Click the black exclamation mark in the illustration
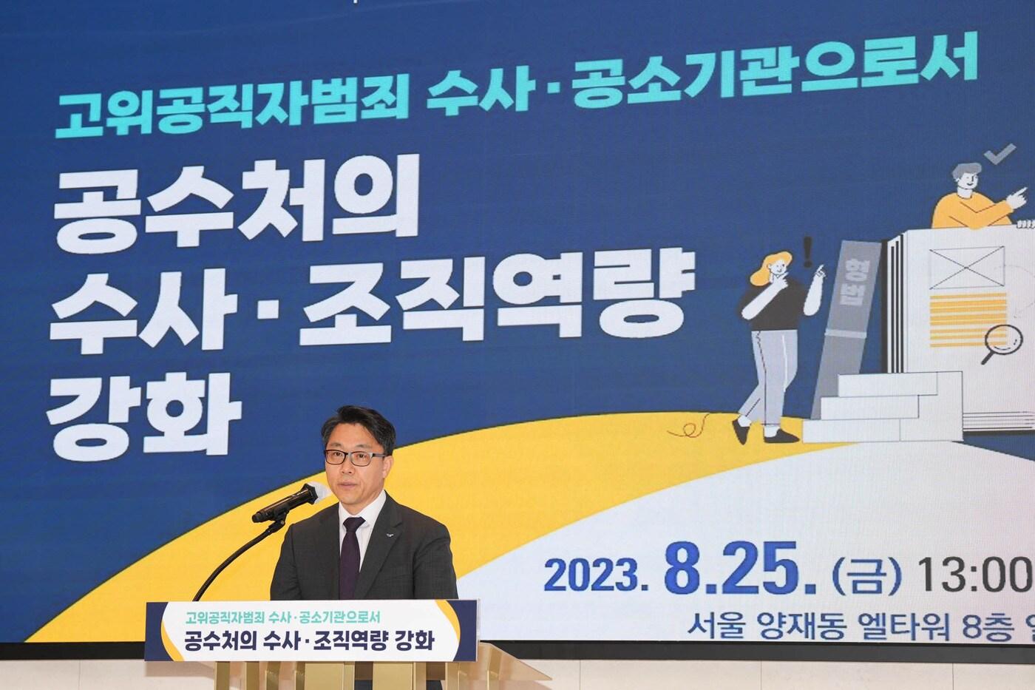[x=808, y=254]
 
